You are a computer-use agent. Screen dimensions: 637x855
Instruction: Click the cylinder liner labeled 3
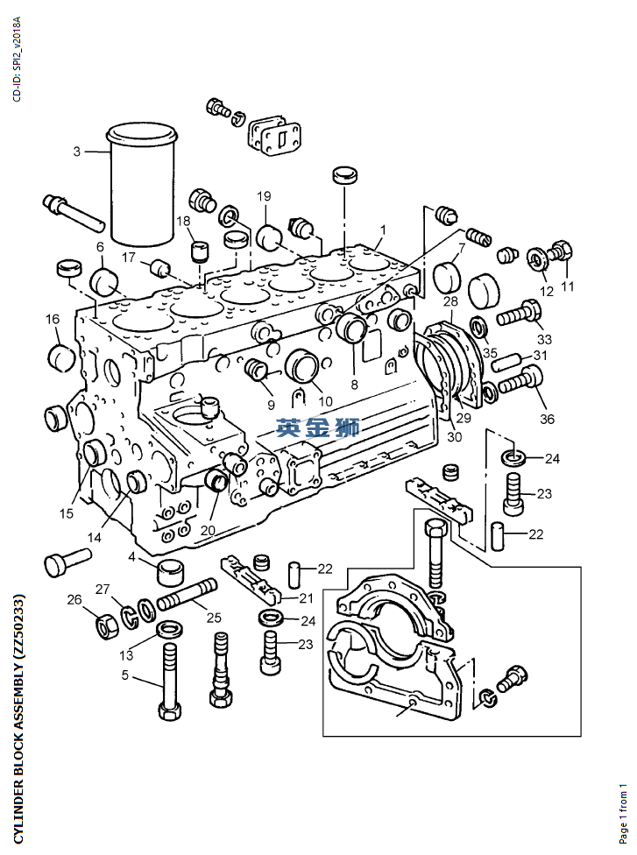pyautogui.click(x=143, y=184)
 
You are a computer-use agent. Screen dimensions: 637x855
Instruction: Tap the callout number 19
pyautogui.click(x=264, y=195)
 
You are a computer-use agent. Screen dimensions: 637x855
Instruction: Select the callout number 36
pyautogui.click(x=547, y=419)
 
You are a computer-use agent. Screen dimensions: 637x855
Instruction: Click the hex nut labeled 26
pyautogui.click(x=105, y=627)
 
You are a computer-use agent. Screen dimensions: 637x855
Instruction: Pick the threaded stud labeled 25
pyautogui.click(x=187, y=594)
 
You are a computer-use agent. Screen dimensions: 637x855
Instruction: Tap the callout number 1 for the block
pyautogui.click(x=383, y=230)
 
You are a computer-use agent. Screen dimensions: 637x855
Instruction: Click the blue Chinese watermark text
pyautogui.click(x=318, y=427)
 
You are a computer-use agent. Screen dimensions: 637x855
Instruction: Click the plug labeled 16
pyautogui.click(x=61, y=357)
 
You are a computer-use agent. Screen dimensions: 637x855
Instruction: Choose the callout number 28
pyautogui.click(x=450, y=301)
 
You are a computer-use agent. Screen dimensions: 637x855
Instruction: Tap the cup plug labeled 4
pyautogui.click(x=171, y=569)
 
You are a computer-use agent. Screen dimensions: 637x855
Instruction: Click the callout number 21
pyautogui.click(x=306, y=598)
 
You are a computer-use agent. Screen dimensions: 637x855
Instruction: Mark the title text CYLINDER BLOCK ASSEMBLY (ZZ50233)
pyautogui.click(x=18, y=717)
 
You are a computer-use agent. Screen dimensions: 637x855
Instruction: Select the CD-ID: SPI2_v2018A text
pyautogui.click(x=17, y=59)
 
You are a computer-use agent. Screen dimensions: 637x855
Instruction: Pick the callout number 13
pyautogui.click(x=126, y=654)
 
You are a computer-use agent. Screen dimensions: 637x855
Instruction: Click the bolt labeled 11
pyautogui.click(x=562, y=252)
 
